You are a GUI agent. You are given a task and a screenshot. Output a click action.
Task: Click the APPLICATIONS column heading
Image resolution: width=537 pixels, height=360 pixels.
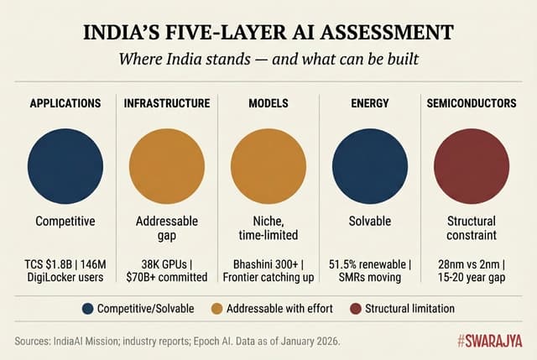click(x=65, y=103)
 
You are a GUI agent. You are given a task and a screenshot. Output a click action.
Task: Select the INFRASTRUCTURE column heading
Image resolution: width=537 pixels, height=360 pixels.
click(x=167, y=103)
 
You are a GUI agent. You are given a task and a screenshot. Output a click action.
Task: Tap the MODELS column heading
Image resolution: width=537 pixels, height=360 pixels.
click(x=268, y=103)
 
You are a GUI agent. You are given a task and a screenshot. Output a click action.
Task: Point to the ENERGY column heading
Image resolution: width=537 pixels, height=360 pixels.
click(x=369, y=103)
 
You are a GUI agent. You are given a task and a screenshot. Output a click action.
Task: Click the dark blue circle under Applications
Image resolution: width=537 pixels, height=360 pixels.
click(x=65, y=160)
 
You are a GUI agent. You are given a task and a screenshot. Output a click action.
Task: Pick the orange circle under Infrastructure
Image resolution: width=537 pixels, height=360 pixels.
click(x=167, y=160)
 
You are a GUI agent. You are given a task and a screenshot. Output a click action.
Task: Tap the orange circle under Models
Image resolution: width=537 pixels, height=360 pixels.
click(x=268, y=160)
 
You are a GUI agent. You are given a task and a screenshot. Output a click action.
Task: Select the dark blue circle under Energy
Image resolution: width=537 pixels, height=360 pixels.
click(x=369, y=160)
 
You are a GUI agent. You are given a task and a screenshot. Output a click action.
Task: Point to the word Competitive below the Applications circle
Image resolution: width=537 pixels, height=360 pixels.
click(x=65, y=222)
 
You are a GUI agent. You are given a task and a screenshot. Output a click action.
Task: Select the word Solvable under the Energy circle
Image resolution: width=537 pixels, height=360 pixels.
click(x=369, y=222)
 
